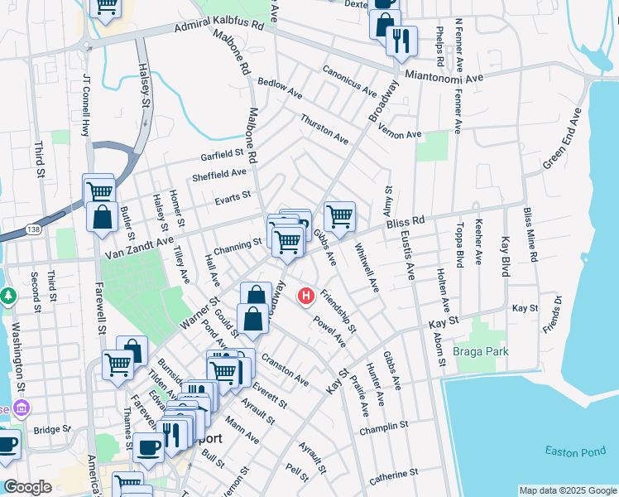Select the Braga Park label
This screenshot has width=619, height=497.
[482, 351]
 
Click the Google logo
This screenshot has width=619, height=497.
[27, 487]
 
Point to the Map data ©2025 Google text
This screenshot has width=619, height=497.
[567, 490]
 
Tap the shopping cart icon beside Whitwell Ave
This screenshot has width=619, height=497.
[340, 217]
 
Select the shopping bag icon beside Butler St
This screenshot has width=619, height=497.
[102, 218]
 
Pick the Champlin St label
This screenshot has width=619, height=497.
[384, 428]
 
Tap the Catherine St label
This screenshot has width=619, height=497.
[393, 475]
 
